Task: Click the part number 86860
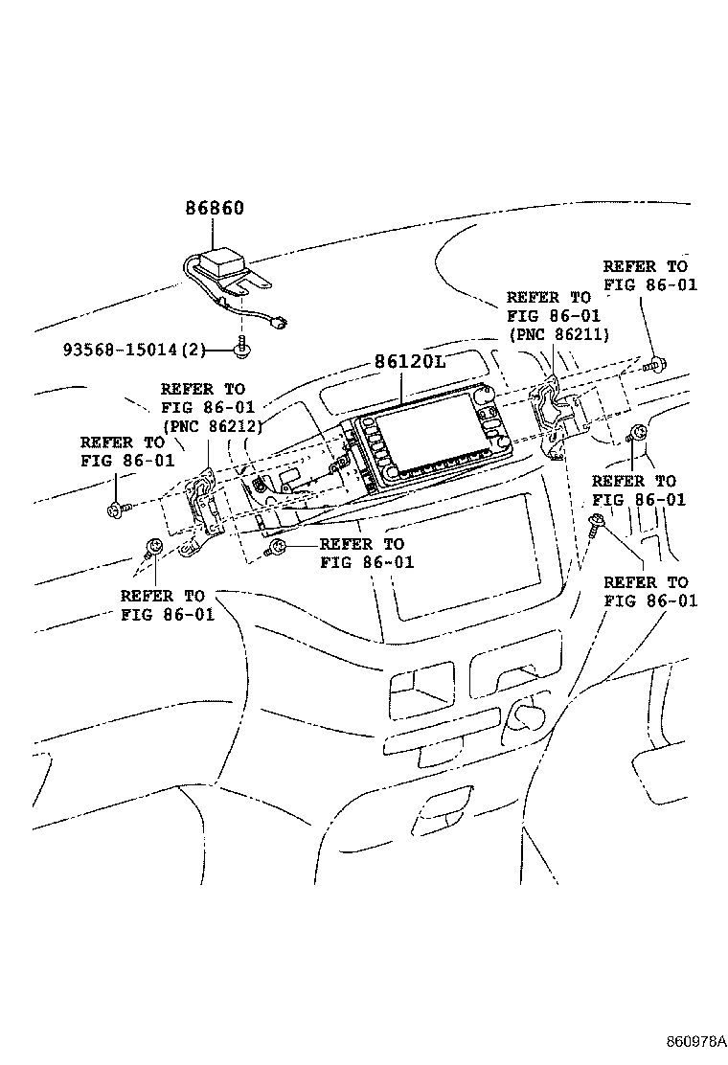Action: point(214,208)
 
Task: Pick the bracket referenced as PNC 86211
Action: point(554,417)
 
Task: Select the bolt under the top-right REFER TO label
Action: point(654,363)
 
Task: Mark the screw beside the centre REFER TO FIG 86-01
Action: point(276,547)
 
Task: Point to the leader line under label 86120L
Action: point(402,388)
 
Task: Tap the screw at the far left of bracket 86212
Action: point(117,510)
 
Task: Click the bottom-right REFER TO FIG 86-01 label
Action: point(650,592)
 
